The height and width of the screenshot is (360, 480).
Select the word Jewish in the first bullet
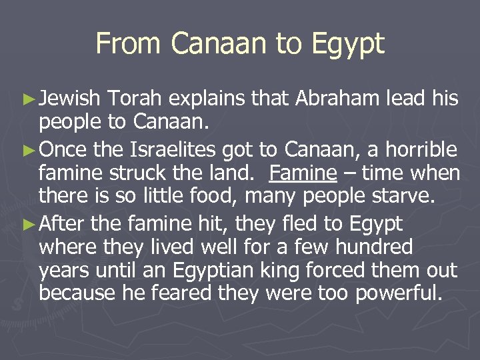(x=69, y=99)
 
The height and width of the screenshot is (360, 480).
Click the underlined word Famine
(x=303, y=174)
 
